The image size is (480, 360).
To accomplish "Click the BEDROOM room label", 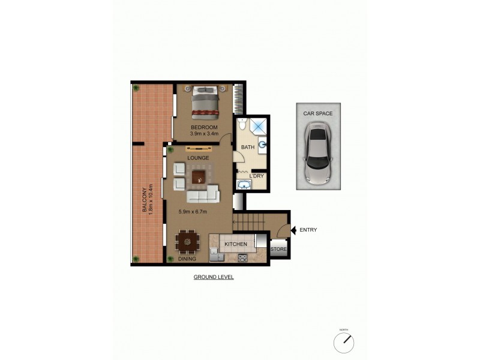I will pos(203,128).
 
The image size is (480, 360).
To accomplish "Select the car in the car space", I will pos(318,154).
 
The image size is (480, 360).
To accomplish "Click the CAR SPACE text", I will pos(318,113).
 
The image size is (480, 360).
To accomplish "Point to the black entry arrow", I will pos(293,230).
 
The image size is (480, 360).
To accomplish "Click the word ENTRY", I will pos(308,230).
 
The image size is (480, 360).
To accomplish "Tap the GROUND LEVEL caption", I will pos(214,277).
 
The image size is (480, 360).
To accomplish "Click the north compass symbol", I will pos(344,343).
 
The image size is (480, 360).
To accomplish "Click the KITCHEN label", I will pos(236,245).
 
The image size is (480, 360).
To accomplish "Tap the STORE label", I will pos(278,249).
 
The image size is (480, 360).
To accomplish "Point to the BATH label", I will pos(247,147).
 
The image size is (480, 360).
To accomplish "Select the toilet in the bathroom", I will pos(242,124).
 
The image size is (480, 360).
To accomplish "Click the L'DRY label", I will pos(256,176).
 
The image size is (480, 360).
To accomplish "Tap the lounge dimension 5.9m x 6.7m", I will pos(193,211).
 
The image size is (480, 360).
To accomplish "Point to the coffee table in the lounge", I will pos(199,176).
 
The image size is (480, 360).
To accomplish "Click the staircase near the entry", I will pos(246,223).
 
